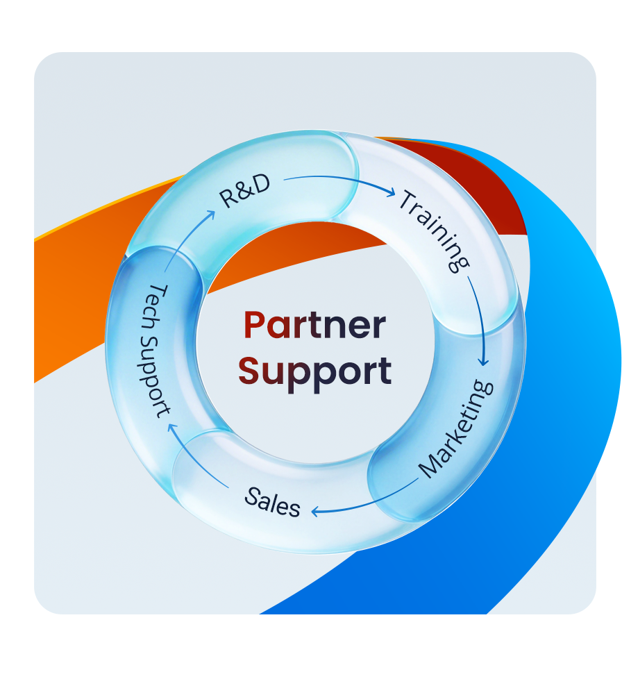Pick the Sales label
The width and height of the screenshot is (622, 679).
point(273,501)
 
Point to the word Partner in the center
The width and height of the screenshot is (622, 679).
point(314,326)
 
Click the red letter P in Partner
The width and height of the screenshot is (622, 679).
point(255,326)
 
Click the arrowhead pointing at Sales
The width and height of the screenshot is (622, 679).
point(316,512)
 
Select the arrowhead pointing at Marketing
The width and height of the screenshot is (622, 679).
point(484,360)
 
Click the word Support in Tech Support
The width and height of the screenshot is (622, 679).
point(153,372)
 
